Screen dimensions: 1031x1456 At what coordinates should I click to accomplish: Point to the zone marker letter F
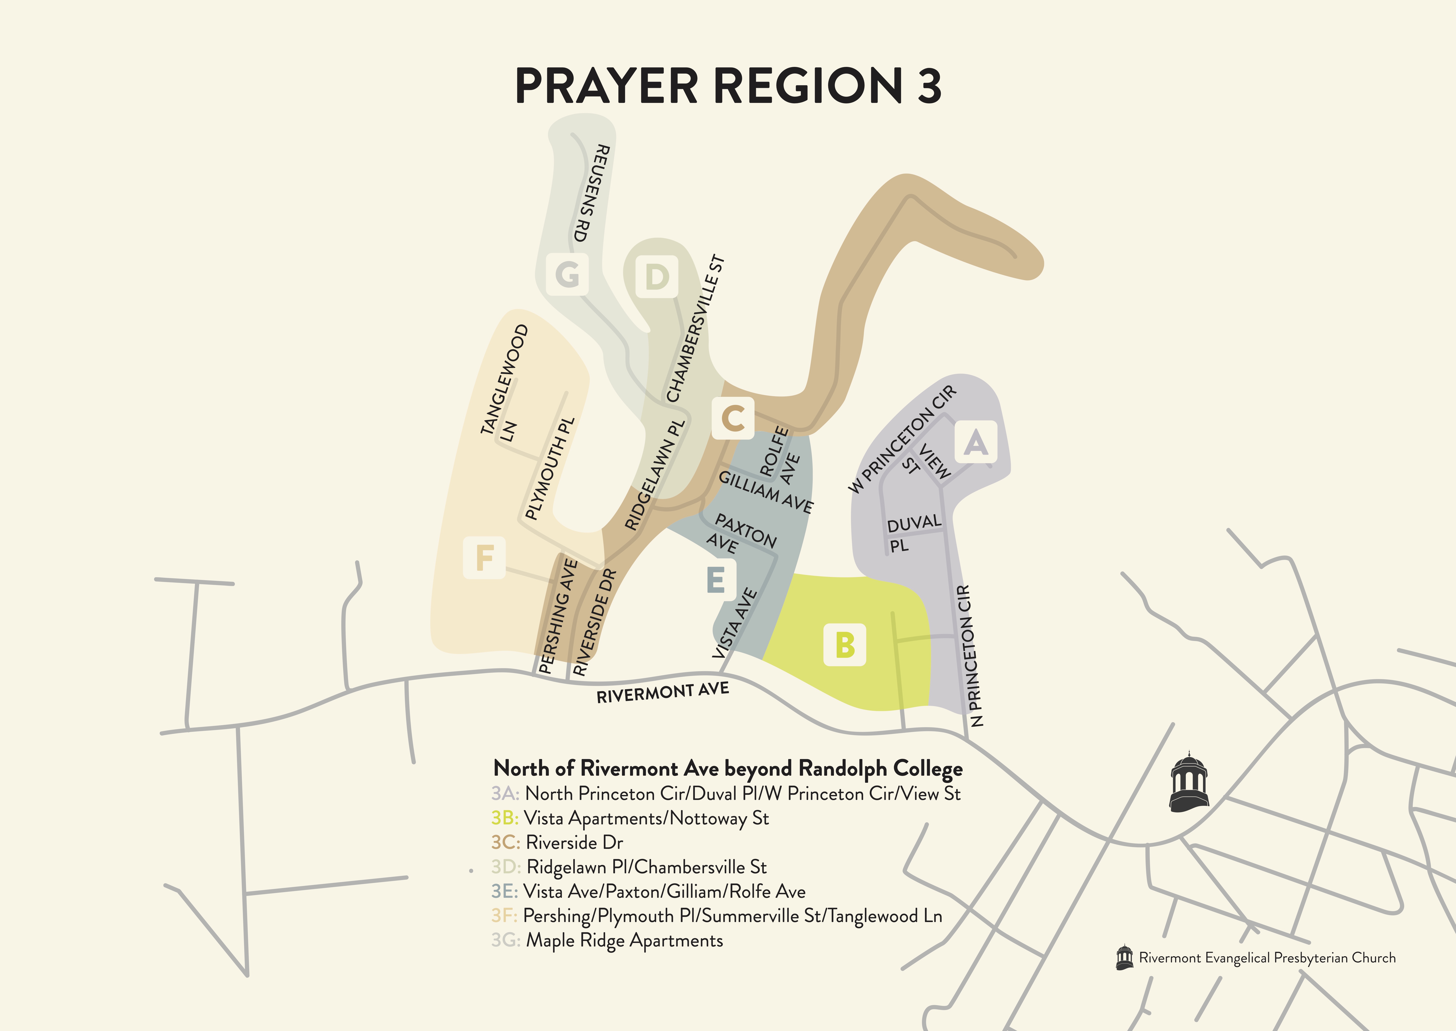pyautogui.click(x=485, y=557)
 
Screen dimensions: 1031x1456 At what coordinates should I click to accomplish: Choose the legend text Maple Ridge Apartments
pyautogui.click(x=624, y=940)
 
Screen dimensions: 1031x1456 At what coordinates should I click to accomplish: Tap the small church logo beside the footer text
pyautogui.click(x=1125, y=957)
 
